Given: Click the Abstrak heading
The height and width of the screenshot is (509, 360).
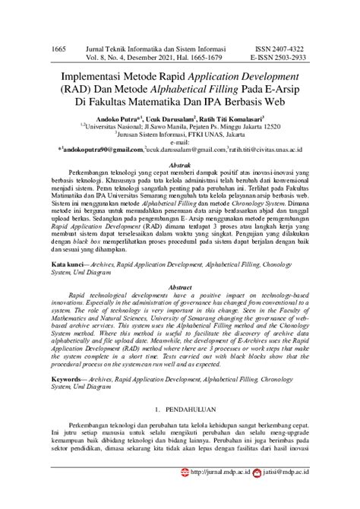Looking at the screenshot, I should (179, 164).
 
